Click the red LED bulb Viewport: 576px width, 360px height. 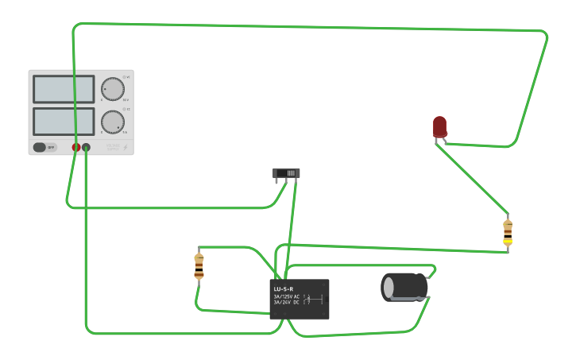coord(439,126)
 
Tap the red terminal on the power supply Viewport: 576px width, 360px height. coord(76,147)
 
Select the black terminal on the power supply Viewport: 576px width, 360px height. coord(86,147)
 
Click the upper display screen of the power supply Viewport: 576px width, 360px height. coord(64,89)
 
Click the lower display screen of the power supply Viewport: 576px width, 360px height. coord(64,121)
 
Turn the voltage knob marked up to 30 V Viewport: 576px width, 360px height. coord(113,89)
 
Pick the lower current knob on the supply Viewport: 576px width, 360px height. coord(113,122)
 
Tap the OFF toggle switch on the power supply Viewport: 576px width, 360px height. coord(44,147)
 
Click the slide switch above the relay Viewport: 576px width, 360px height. coord(286,173)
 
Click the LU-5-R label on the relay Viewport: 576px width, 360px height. coord(284,288)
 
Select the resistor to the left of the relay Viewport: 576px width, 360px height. coord(199,266)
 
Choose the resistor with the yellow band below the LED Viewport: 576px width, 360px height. coord(508,233)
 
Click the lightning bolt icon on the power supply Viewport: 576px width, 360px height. coord(126,147)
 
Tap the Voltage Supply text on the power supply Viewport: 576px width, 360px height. coord(113,147)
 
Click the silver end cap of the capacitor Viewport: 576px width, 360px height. coord(387,287)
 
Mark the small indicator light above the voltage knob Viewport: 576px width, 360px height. coord(125,77)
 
